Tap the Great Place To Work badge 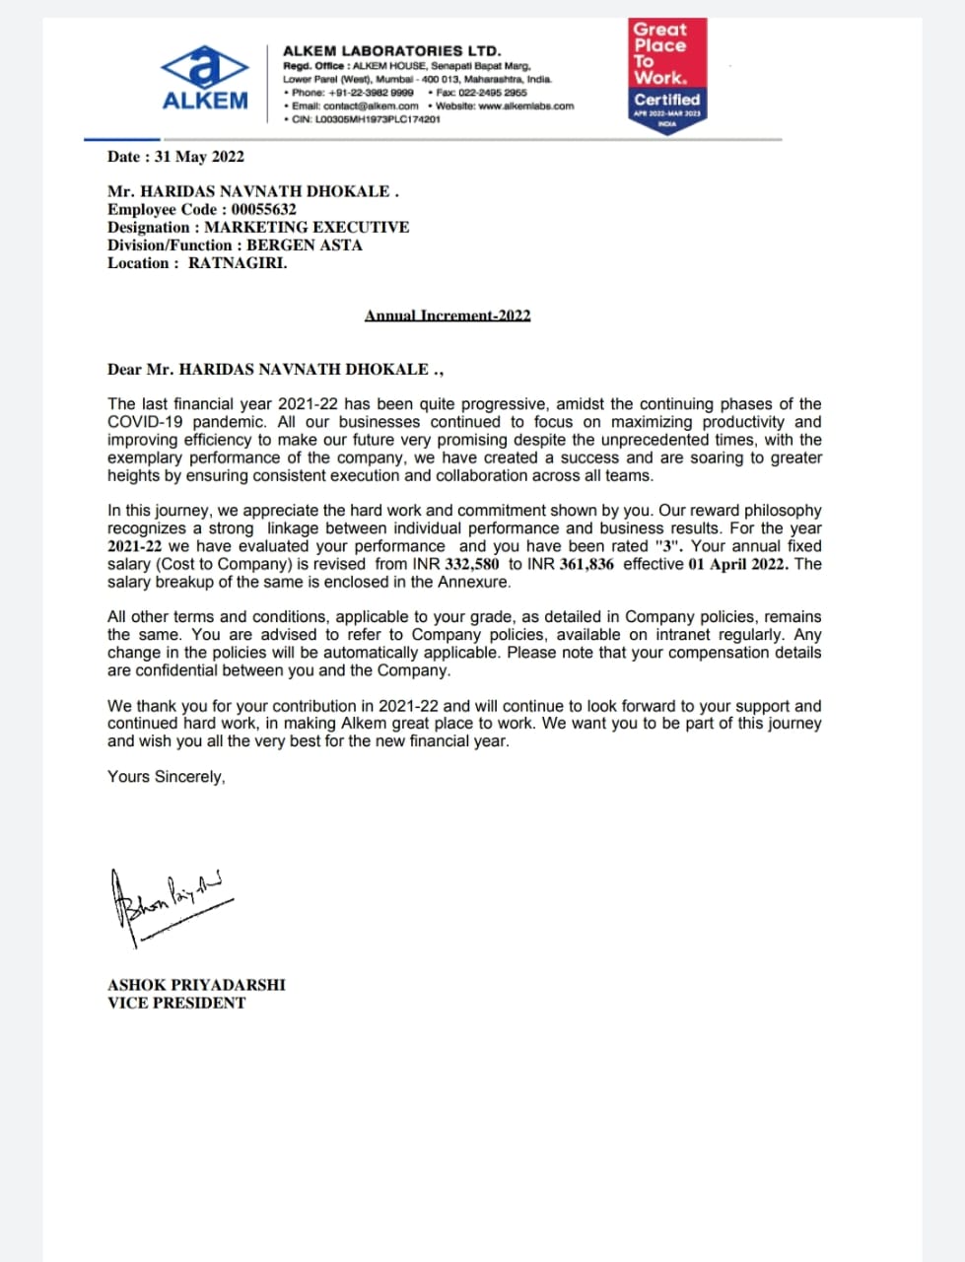[x=667, y=77]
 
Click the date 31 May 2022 [x=199, y=157]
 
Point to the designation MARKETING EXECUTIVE [x=307, y=228]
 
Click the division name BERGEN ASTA [x=305, y=245]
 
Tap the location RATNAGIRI [x=238, y=263]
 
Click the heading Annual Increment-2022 [x=448, y=315]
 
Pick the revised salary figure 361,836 [x=586, y=564]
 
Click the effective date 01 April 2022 [x=737, y=564]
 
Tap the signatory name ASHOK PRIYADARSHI [x=196, y=985]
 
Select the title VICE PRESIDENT [x=176, y=1003]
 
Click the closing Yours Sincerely [x=167, y=777]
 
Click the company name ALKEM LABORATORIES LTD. [x=391, y=50]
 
